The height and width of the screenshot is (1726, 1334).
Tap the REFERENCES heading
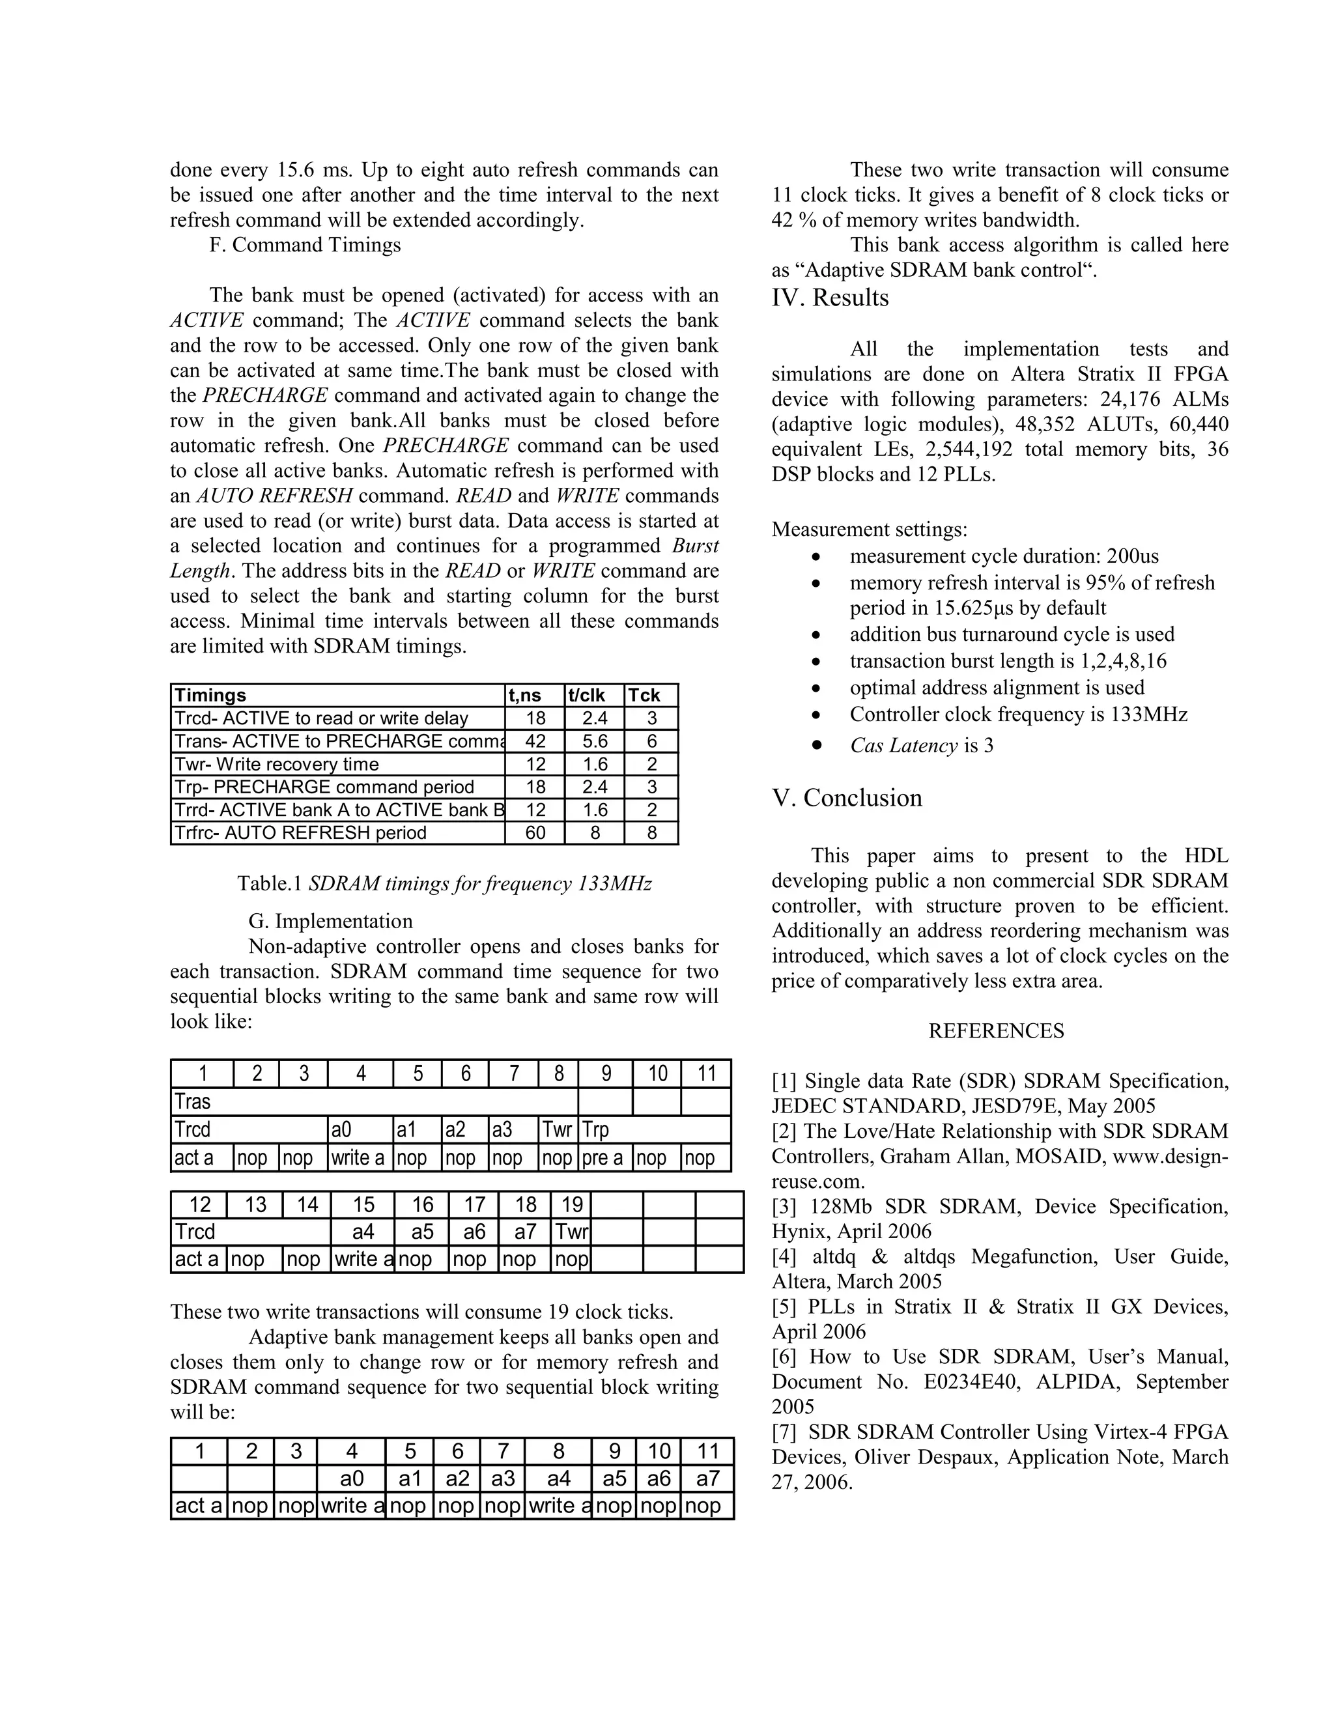pos(996,1030)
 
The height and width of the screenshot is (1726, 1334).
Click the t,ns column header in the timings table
pos(525,696)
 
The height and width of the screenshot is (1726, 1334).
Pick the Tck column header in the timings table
pos(644,696)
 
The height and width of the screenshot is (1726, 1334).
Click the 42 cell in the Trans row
pos(535,741)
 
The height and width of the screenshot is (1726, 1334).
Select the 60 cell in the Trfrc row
pos(535,833)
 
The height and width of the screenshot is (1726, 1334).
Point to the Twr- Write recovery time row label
pos(277,764)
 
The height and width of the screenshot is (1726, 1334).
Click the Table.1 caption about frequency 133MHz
pos(444,884)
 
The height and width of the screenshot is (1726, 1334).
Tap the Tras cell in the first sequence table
pos(193,1101)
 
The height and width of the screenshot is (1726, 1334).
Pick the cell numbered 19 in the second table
pos(571,1204)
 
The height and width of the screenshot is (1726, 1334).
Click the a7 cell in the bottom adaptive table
pos(708,1478)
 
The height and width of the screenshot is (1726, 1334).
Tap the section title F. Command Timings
pos(305,245)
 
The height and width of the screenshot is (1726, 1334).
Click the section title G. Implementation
pos(330,922)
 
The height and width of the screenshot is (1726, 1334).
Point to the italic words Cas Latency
pos(903,745)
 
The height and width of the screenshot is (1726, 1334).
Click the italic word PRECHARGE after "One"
pos(446,446)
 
